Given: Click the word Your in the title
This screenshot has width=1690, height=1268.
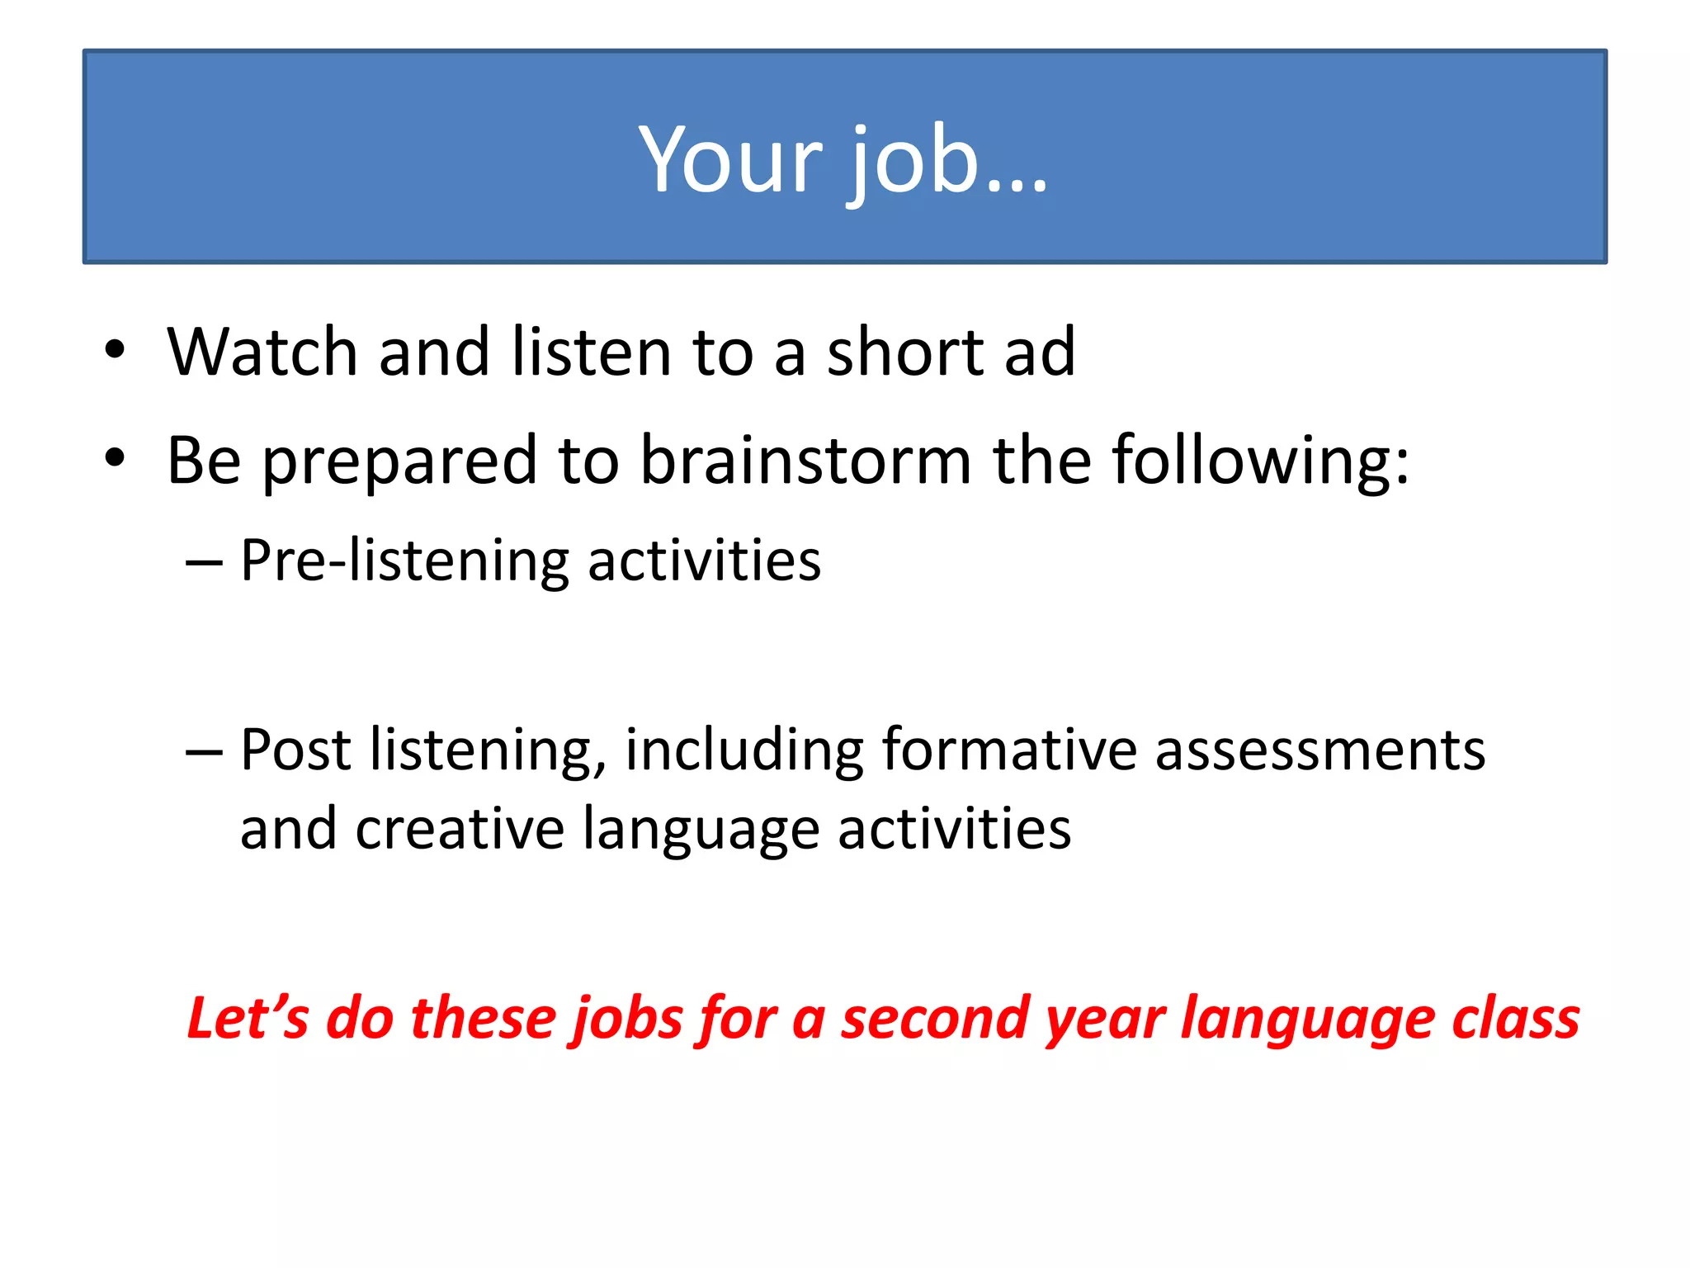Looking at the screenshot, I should coord(730,158).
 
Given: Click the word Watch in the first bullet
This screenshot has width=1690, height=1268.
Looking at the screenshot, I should coord(262,352).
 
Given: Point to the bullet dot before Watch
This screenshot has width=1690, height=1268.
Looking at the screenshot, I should coord(115,351).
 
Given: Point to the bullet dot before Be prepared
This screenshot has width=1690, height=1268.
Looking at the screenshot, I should coord(115,458).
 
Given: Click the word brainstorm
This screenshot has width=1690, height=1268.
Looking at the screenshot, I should coord(805,460).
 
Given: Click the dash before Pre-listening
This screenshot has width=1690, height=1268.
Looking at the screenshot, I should coord(204,563).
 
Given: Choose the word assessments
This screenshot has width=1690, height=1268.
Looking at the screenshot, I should coord(1319,750).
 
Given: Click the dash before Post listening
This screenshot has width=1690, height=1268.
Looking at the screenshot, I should coord(204,752).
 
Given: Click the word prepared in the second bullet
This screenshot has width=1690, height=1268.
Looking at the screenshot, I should coord(399,461).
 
